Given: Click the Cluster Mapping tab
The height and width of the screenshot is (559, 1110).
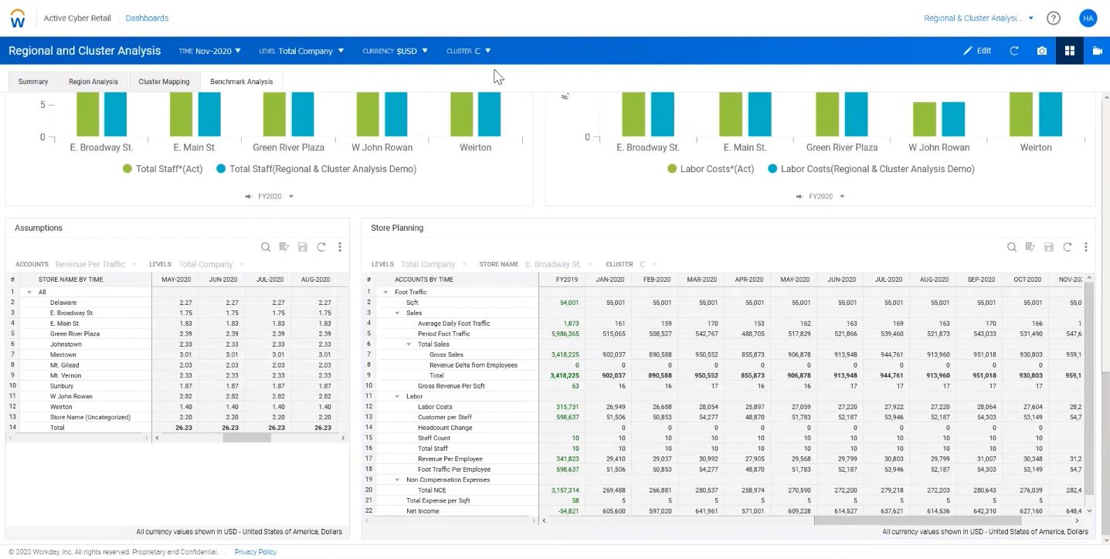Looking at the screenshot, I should pyautogui.click(x=164, y=81).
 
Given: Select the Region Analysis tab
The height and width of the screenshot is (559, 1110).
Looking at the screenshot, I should pyautogui.click(x=93, y=81).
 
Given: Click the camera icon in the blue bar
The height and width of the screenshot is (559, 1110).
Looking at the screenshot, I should pyautogui.click(x=1042, y=51).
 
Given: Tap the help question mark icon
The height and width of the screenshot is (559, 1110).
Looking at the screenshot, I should pyautogui.click(x=1053, y=19).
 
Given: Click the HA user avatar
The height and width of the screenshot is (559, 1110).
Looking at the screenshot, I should pyautogui.click(x=1088, y=19).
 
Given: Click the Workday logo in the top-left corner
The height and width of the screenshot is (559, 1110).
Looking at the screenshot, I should pyautogui.click(x=18, y=19).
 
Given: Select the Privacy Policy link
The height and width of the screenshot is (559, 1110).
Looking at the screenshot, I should pyautogui.click(x=255, y=552).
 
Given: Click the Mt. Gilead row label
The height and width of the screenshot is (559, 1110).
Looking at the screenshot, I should pyautogui.click(x=66, y=365).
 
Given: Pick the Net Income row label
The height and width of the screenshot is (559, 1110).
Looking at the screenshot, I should pyautogui.click(x=423, y=511).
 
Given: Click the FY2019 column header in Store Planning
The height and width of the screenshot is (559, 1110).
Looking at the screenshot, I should pyautogui.click(x=566, y=279).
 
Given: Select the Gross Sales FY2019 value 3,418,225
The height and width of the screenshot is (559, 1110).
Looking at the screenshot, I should pyautogui.click(x=565, y=354).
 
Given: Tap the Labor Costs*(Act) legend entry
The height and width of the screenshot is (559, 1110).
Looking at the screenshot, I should pyautogui.click(x=711, y=169).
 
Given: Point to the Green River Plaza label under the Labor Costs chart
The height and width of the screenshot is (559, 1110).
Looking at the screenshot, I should pyautogui.click(x=841, y=147).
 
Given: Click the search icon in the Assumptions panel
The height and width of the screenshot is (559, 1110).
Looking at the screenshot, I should pyautogui.click(x=266, y=247).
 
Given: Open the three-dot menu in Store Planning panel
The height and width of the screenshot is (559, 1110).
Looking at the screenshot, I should pyautogui.click(x=1085, y=247).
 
